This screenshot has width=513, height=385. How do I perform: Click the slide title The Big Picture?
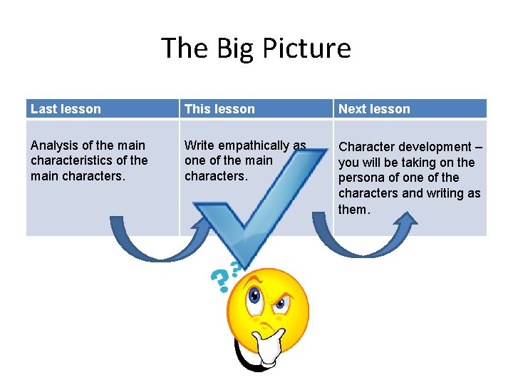point(256,48)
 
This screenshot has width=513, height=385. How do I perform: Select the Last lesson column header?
point(66,109)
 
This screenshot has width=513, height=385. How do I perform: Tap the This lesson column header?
point(219,109)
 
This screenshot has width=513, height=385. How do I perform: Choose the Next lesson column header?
point(374,109)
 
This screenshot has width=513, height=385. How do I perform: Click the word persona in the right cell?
point(363,178)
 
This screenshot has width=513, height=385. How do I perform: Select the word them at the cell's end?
point(353,209)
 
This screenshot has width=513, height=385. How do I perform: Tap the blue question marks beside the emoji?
point(224,279)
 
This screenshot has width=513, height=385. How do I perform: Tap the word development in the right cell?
point(437,147)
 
